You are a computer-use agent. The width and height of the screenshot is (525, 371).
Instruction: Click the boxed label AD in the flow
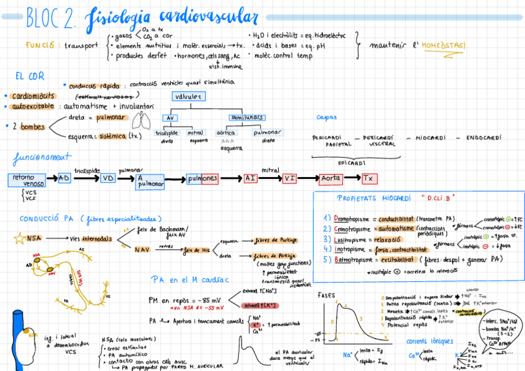pyautogui.click(x=65, y=178)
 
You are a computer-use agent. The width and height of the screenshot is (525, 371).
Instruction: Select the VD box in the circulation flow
pyautogui.click(x=108, y=178)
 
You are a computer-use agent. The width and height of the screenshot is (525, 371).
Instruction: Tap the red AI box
pyautogui.click(x=251, y=178)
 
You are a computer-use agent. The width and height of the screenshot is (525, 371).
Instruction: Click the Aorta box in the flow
pyautogui.click(x=330, y=178)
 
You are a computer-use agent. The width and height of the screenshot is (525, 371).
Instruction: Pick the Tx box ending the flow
pyautogui.click(x=370, y=178)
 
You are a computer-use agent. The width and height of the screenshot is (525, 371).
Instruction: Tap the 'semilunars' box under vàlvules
pyautogui.click(x=246, y=117)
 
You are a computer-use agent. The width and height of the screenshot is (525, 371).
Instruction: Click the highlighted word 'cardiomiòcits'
pyautogui.click(x=33, y=96)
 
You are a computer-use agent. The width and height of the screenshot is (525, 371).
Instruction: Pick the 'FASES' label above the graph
pyautogui.click(x=326, y=295)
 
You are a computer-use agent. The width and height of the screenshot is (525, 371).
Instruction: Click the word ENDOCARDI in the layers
pyautogui.click(x=484, y=138)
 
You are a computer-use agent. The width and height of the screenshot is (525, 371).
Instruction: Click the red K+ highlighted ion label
pyautogui.click(x=256, y=324)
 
